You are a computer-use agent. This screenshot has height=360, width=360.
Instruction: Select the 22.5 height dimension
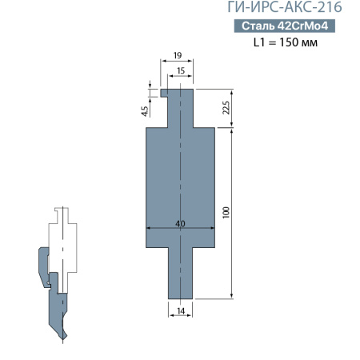226,108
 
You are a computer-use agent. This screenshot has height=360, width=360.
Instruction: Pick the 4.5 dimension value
144,111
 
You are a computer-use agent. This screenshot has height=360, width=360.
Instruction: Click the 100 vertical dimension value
226,212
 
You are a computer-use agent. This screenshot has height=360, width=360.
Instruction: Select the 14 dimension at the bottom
180,310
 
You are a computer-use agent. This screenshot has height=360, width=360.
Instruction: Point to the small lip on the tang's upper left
162,92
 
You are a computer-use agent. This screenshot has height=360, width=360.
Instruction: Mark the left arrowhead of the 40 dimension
147,230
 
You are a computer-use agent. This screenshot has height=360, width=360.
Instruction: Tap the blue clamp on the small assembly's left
41,268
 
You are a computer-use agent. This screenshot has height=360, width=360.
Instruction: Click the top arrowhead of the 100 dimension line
232,130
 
